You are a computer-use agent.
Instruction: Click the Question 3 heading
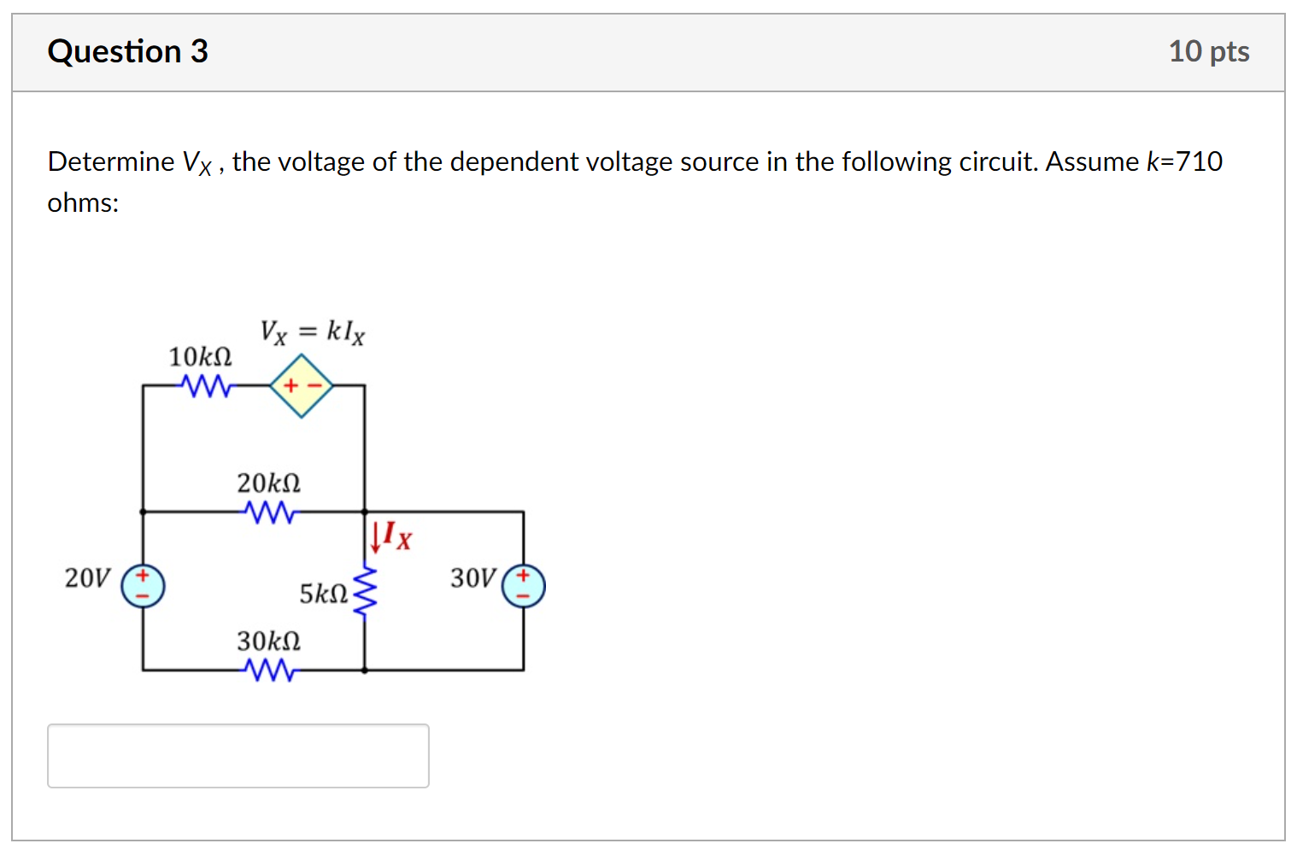pos(127,52)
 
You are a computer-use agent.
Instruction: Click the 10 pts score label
pos(1208,52)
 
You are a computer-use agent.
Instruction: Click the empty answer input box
pos(238,755)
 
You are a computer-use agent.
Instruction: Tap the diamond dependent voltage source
pos(302,386)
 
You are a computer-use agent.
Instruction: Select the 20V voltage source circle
pos(143,586)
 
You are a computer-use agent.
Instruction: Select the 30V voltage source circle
pos(523,586)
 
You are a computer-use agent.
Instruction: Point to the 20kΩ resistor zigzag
pos(269,512)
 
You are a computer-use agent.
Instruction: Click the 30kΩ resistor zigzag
pos(269,671)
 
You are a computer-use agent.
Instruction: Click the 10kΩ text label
pos(200,356)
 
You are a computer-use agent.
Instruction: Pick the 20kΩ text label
pos(268,483)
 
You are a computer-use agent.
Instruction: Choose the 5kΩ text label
pos(323,594)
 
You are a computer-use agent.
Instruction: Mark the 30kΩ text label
pos(268,641)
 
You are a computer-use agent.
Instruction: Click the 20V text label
pos(87,578)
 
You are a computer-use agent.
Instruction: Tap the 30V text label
pos(472,578)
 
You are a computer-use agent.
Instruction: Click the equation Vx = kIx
pos(312,331)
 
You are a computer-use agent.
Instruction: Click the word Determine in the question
pos(111,161)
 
